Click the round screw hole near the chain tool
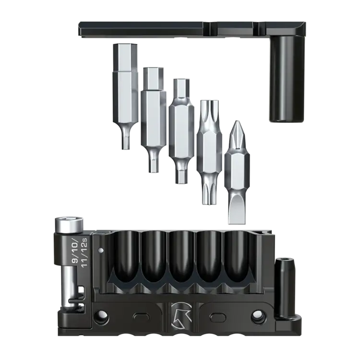[101, 316]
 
